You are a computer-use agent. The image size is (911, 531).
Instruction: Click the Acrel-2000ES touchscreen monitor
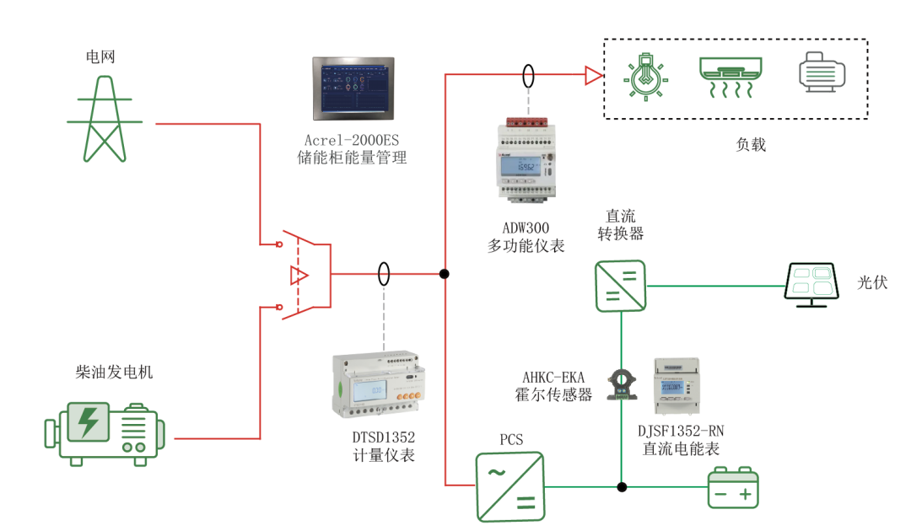click(x=353, y=88)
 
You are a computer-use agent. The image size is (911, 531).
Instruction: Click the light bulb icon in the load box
click(x=645, y=77)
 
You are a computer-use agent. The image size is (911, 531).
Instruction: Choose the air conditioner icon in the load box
click(x=730, y=77)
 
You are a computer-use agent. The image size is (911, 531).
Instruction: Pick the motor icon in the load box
click(x=822, y=72)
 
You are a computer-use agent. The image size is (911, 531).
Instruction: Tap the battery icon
click(x=732, y=488)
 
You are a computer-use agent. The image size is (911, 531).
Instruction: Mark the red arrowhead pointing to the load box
click(x=594, y=77)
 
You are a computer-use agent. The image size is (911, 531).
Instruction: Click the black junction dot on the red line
click(x=444, y=274)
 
